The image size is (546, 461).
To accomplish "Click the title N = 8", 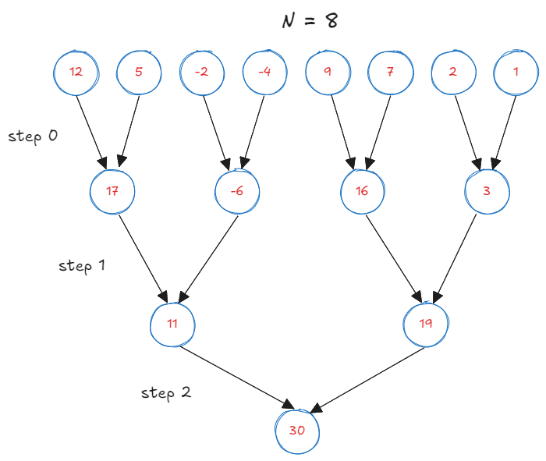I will coord(310,21).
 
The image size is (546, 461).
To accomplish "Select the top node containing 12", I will coord(76,73).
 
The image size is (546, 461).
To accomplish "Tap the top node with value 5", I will coord(139,73).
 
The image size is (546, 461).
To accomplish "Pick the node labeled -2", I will coord(202,73).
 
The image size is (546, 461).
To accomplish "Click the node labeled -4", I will coord(265,73).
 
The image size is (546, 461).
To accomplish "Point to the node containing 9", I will coord(328,73).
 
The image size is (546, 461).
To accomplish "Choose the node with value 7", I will coord(391,73).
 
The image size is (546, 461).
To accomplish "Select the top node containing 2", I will coord(453,73).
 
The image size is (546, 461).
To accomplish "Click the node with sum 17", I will coord(112,191).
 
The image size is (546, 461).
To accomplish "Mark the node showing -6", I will coord(236,191).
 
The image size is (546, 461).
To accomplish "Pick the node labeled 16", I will coord(362,191).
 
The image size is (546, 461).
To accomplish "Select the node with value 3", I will coord(487,191).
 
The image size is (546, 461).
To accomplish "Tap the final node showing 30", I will coord(298,431).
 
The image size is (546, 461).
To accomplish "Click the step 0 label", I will coord(33,136).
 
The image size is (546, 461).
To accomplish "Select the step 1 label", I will coord(82,265).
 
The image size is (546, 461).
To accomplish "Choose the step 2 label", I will coord(165,392).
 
